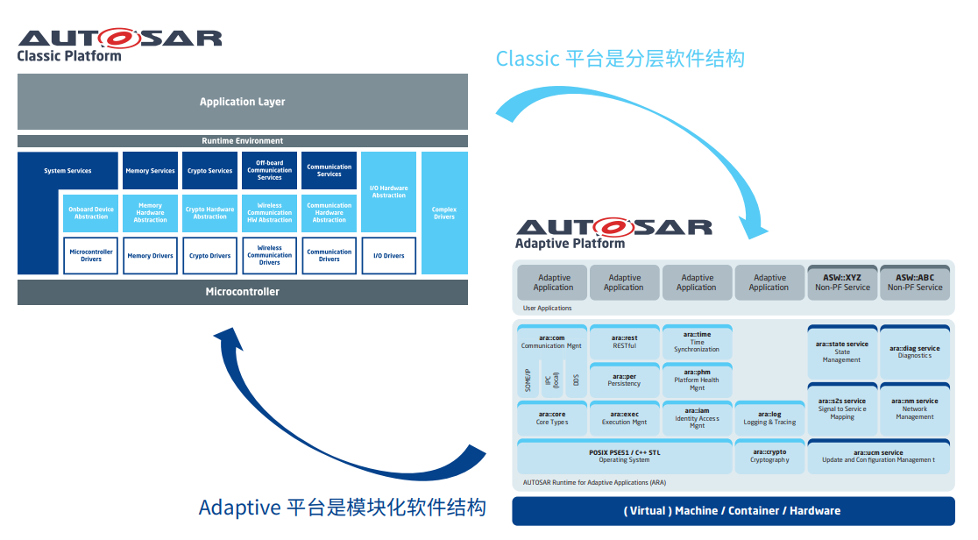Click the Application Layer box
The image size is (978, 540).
coord(243,102)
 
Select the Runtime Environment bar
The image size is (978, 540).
coord(243,141)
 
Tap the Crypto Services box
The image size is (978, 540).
coord(210,171)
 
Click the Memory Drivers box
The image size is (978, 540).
coord(151,256)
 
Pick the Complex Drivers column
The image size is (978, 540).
coord(444,213)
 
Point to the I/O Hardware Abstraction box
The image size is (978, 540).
coord(389,192)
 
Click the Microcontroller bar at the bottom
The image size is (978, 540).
coord(243,292)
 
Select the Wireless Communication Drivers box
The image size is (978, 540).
coord(270,255)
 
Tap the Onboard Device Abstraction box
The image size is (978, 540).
coord(91,213)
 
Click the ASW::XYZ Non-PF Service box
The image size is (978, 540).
coord(842,282)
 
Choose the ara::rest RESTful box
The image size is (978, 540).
coord(625,342)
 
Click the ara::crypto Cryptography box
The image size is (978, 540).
coord(769,456)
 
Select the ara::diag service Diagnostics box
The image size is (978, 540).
coord(915,352)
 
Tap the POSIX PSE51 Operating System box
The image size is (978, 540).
coord(625,456)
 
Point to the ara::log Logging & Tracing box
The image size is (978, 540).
coord(769,418)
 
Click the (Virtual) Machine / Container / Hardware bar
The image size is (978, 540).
coord(733,511)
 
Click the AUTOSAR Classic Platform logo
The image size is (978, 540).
coord(119,44)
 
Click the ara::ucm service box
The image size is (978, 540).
coord(878,456)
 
